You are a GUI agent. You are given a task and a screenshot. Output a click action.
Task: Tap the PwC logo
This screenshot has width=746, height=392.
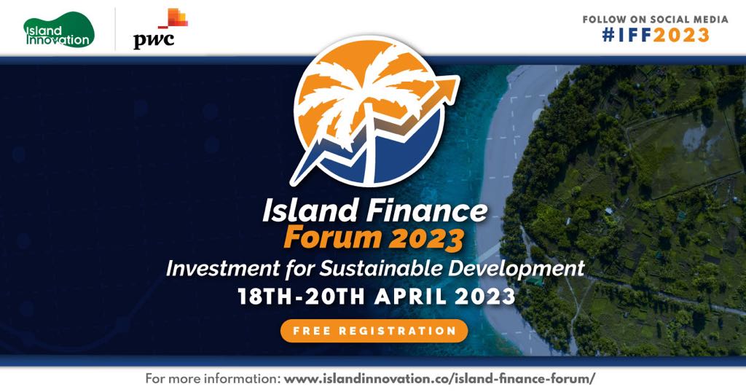[x=160, y=29]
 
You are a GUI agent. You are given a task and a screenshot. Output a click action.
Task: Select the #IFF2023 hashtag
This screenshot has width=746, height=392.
[x=656, y=35]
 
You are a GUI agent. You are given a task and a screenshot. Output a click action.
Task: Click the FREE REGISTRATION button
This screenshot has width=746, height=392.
[x=374, y=331]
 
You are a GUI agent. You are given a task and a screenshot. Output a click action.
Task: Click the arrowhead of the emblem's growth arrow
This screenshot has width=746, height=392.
[x=447, y=88]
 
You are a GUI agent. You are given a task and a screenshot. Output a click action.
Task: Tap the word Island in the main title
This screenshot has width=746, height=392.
[x=310, y=210]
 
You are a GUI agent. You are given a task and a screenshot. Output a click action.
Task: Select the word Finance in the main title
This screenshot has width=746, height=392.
[x=425, y=210]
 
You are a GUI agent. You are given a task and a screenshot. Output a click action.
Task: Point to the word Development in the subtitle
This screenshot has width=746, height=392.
[x=517, y=270]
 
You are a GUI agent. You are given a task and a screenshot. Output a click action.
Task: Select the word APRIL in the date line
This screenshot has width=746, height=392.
[x=411, y=297]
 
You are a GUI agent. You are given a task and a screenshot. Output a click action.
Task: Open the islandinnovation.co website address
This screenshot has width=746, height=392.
[x=439, y=379]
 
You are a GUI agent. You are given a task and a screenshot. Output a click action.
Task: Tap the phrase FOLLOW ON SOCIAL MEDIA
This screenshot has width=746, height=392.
[x=656, y=20]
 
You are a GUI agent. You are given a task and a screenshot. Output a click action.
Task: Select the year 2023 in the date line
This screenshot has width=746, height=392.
[x=485, y=297]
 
